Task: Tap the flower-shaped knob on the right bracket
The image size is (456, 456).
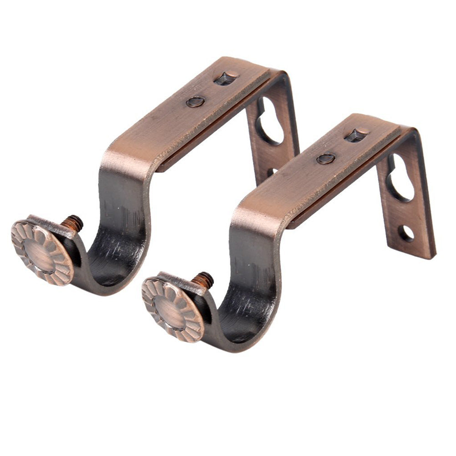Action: pyautogui.click(x=172, y=309)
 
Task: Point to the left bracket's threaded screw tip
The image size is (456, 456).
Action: pyautogui.click(x=74, y=223)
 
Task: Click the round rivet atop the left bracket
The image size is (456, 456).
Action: pyautogui.click(x=195, y=101)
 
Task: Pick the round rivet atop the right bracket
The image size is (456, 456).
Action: pyautogui.click(x=326, y=158)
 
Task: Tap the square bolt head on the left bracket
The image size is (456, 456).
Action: pyautogui.click(x=226, y=78)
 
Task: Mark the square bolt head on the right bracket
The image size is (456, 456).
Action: pyautogui.click(x=356, y=135)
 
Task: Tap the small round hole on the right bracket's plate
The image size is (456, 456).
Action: pyautogui.click(x=406, y=233)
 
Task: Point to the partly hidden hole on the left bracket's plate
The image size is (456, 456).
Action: pyautogui.click(x=272, y=172)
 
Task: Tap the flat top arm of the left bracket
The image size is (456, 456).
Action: pyautogui.click(x=182, y=114)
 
